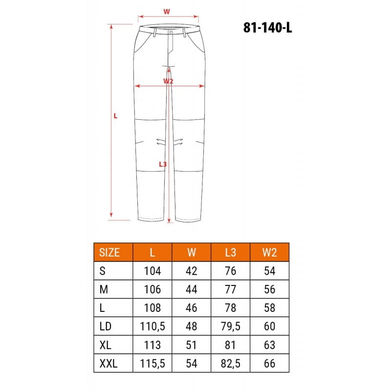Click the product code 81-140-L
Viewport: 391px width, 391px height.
[x=267, y=27]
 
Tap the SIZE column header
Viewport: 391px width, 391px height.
[x=109, y=252]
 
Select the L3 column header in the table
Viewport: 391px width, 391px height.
[x=230, y=252]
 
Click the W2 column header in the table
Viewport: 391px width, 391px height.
[x=270, y=252]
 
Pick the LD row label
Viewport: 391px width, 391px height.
[x=105, y=326]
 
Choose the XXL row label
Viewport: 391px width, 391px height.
[x=109, y=364]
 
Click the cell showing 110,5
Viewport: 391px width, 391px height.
[x=152, y=326]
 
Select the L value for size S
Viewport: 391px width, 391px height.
[x=152, y=271]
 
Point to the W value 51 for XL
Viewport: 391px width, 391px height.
[x=191, y=345]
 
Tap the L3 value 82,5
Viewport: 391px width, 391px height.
[x=230, y=364]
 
